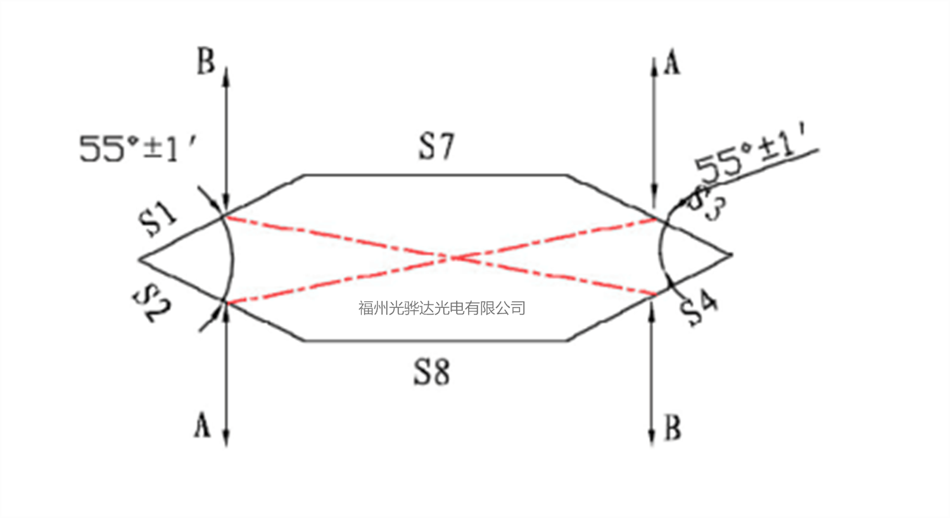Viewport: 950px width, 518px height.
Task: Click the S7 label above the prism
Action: pyautogui.click(x=436, y=146)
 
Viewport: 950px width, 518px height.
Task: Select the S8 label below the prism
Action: pyautogui.click(x=432, y=372)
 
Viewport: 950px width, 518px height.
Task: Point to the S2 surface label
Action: pyautogui.click(x=154, y=303)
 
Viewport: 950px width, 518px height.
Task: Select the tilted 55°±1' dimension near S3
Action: pyautogui.click(x=754, y=158)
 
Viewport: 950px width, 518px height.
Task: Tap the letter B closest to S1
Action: pyautogui.click(x=206, y=63)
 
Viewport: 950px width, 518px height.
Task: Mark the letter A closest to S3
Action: pyautogui.click(x=671, y=64)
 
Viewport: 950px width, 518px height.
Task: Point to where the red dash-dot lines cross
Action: pyautogui.click(x=451, y=257)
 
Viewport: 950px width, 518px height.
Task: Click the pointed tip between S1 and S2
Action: pyautogui.click(x=140, y=259)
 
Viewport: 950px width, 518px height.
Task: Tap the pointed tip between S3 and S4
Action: pyautogui.click(x=732, y=255)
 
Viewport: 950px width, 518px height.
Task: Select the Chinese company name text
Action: pyautogui.click(x=441, y=308)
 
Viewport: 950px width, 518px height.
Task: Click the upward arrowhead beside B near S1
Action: pyautogui.click(x=226, y=71)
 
